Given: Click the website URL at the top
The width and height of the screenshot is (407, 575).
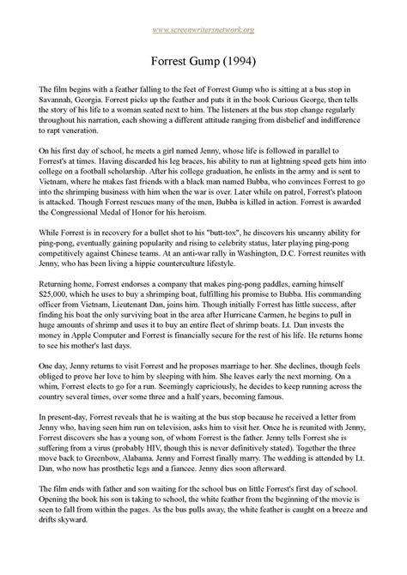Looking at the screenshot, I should coord(203,32).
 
